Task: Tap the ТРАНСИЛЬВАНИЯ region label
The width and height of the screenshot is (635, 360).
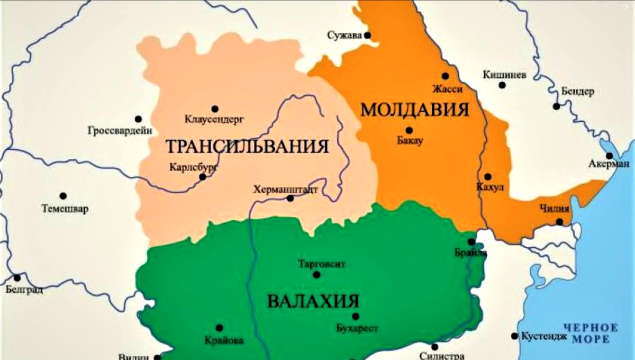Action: (x=248, y=146)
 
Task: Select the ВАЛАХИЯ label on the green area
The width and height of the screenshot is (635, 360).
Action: (x=313, y=301)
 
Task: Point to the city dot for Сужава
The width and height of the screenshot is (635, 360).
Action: (x=367, y=35)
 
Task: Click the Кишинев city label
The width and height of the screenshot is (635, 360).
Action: (x=504, y=75)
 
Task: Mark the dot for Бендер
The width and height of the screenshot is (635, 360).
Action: (x=556, y=106)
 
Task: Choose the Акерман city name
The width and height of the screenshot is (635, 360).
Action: (x=609, y=165)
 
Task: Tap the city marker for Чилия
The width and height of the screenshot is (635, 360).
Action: (x=560, y=222)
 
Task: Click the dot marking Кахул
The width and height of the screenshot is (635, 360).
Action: (x=487, y=176)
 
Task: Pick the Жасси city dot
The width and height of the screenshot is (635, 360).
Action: (x=446, y=76)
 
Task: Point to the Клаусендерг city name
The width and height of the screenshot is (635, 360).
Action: (x=214, y=120)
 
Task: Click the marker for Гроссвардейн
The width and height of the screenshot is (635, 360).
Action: (x=139, y=119)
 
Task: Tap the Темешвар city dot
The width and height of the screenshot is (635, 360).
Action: (x=63, y=196)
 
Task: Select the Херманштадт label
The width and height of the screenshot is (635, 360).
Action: (x=286, y=188)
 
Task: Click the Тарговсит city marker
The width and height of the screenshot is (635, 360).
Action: (x=316, y=275)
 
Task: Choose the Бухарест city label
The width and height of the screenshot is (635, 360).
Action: (x=357, y=328)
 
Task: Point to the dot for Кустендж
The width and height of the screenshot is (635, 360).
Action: (x=514, y=336)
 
